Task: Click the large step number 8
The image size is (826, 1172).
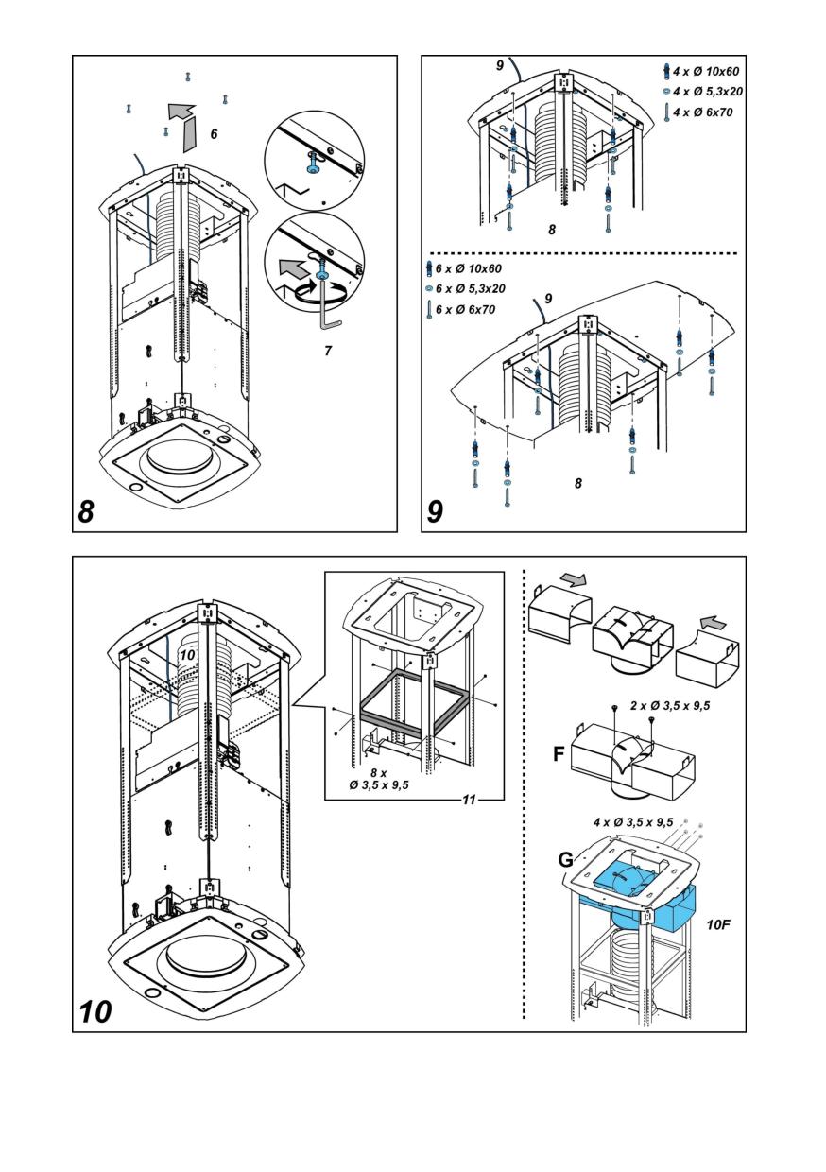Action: (x=86, y=511)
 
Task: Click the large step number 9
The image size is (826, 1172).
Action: (x=436, y=511)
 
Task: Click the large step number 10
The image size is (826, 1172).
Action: (x=95, y=1011)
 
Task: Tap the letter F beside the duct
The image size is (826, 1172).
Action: (x=560, y=755)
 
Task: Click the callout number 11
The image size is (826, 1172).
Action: (x=468, y=800)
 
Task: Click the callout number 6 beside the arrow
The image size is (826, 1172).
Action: (x=214, y=135)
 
